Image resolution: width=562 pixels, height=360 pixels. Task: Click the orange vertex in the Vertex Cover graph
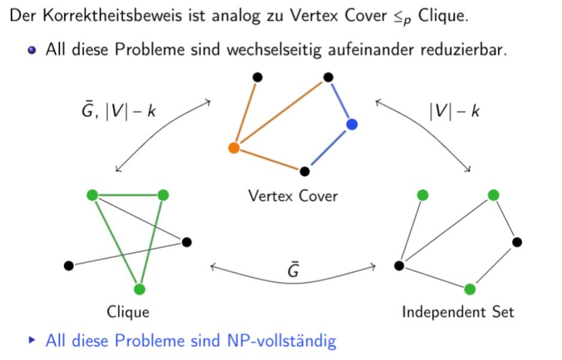coord(234,148)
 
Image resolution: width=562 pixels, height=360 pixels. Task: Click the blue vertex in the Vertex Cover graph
coord(351,124)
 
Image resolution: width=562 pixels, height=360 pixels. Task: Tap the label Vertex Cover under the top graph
coord(293,196)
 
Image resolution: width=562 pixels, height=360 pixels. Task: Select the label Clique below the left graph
coord(128,312)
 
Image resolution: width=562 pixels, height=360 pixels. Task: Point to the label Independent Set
coord(458,312)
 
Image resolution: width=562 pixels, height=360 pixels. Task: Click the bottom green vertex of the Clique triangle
coord(140,289)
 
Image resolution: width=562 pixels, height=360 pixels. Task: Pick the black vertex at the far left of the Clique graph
coord(68,265)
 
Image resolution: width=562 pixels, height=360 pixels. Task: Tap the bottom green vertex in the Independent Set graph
coord(470,289)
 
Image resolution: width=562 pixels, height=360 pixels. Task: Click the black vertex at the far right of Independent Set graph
coord(517,242)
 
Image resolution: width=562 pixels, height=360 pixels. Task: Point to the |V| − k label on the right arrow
coord(454,111)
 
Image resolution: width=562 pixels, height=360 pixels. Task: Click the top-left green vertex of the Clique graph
coord(92,194)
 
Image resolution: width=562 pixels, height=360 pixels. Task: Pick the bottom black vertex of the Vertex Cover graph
coord(305,171)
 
